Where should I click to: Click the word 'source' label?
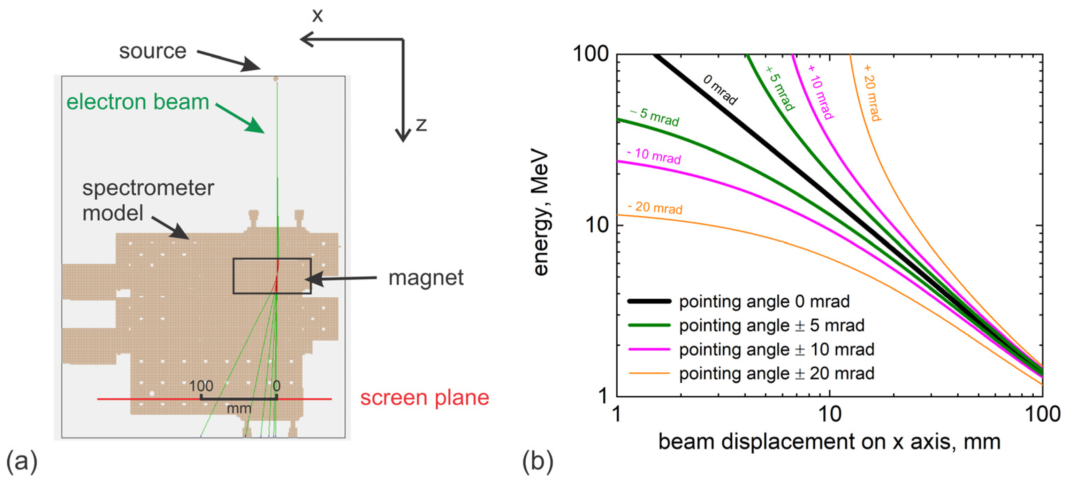coord(153,52)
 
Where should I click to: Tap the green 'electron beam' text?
coord(138,102)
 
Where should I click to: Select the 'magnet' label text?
coord(426,278)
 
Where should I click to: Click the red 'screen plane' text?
coord(425,398)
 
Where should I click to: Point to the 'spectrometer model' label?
coord(148,200)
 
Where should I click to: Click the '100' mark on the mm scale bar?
coord(201,386)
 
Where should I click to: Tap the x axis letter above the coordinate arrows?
coord(318,16)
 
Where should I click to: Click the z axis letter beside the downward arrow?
coord(421,124)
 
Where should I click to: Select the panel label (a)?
coord(22,461)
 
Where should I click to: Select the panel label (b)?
coord(538,461)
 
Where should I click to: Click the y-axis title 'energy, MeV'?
coord(541,213)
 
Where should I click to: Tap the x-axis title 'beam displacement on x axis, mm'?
coord(829,442)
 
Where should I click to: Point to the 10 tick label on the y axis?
coord(596,225)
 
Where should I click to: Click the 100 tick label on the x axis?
coord(1042,414)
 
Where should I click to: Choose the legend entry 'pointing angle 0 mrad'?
coord(764,301)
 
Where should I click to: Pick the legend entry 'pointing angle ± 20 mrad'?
coord(776,373)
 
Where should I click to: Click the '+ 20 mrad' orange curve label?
coord(872,93)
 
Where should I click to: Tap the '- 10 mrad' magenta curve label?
coord(654,156)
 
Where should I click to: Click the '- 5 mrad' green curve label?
coord(655,117)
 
